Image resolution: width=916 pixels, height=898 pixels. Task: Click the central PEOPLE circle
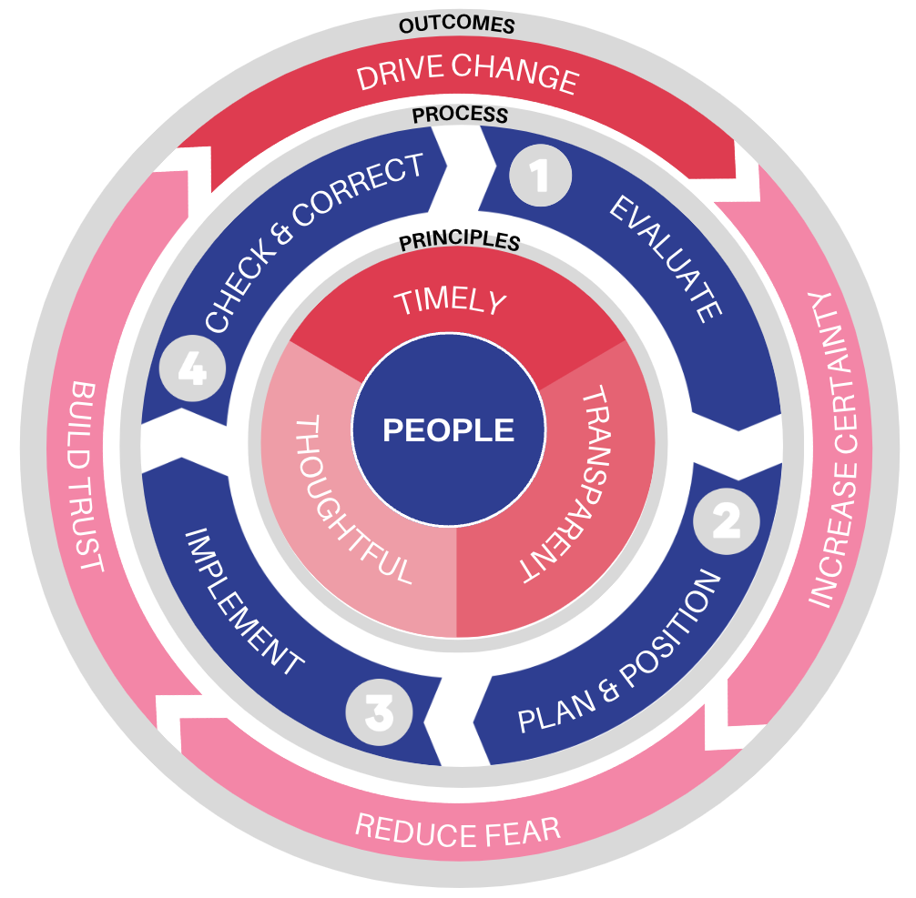tap(448, 429)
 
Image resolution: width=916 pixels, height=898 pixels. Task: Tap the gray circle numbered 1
tap(540, 176)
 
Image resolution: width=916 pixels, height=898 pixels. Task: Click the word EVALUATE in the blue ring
tap(666, 258)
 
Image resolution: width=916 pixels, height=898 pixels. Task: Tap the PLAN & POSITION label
tap(619, 653)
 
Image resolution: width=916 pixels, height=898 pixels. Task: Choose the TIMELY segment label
tap(449, 302)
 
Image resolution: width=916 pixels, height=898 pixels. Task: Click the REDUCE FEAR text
tap(457, 830)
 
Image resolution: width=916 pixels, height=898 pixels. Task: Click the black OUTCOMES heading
tap(457, 25)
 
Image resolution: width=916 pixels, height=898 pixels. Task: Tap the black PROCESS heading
tap(460, 116)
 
